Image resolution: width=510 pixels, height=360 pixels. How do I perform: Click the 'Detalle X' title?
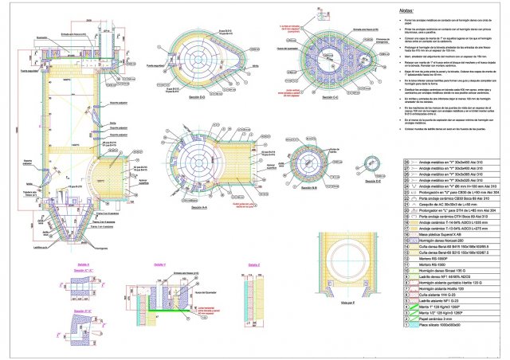(83, 264)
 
